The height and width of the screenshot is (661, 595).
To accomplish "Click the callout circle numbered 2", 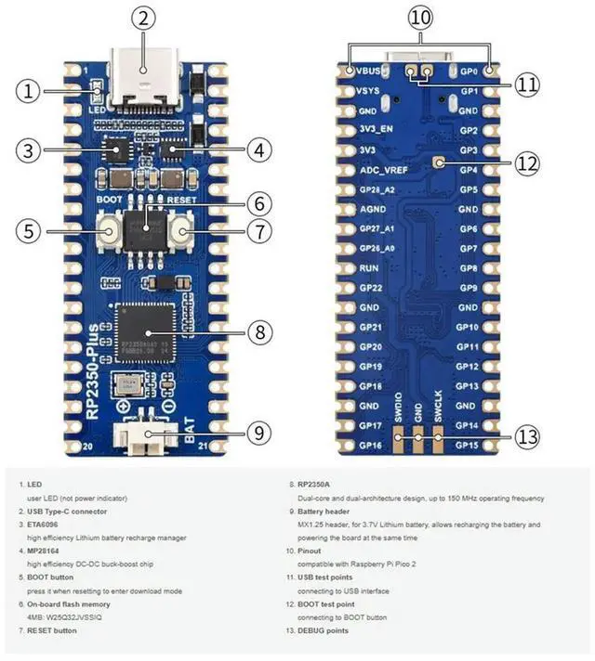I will tap(141, 18).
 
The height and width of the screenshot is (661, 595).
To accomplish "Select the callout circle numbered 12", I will tap(526, 163).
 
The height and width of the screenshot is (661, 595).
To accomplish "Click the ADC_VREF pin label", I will tap(383, 170).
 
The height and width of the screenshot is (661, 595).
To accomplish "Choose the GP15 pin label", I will tap(466, 446).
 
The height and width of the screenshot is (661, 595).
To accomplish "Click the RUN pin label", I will tap(367, 268).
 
